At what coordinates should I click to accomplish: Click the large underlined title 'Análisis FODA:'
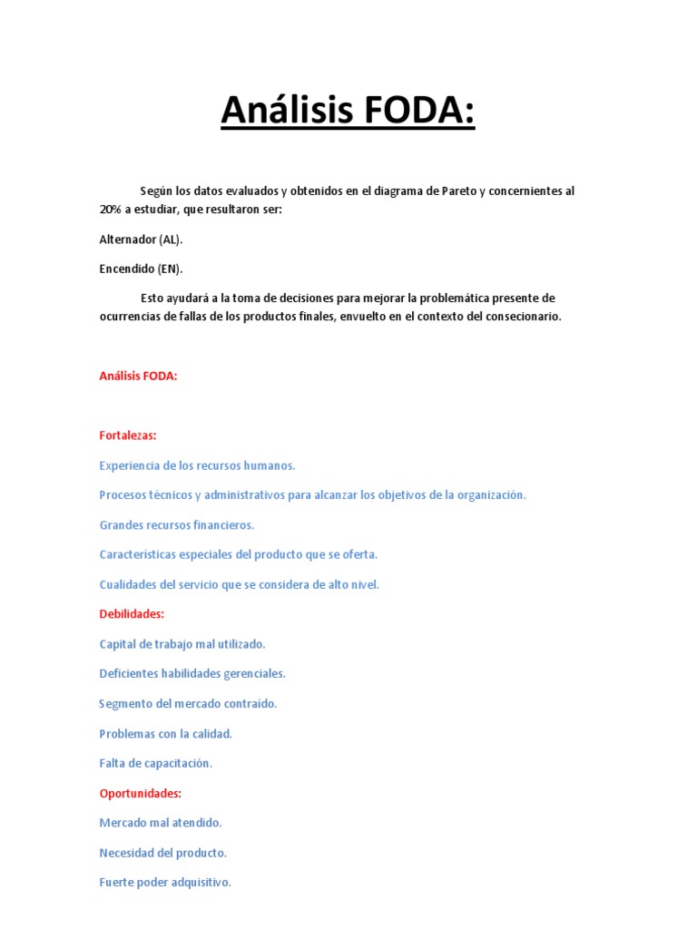(348, 112)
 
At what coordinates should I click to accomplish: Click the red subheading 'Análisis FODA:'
(138, 376)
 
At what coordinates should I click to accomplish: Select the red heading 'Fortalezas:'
(128, 435)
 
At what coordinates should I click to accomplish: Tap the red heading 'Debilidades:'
(132, 614)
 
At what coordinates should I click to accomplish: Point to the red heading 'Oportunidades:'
(141, 793)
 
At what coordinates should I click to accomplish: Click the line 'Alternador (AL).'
(141, 240)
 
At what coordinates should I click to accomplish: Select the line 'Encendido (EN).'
(141, 269)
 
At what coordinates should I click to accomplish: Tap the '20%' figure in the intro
(110, 210)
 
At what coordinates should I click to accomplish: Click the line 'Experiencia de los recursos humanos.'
(197, 465)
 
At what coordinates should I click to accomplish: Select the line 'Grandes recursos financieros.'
(177, 525)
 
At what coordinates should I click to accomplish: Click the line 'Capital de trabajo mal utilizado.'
(182, 644)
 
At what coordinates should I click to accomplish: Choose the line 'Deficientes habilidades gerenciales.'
(192, 674)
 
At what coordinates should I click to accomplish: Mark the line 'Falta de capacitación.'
(155, 763)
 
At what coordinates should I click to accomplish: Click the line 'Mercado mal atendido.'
(161, 823)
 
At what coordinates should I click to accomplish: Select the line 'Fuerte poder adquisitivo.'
(165, 882)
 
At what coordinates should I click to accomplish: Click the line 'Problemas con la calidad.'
(166, 734)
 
